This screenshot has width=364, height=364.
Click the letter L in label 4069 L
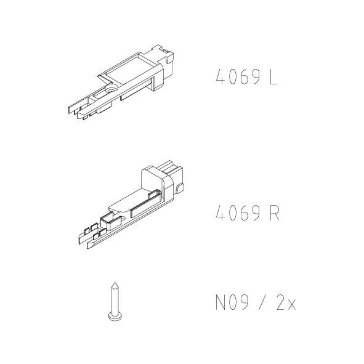[x=273, y=77]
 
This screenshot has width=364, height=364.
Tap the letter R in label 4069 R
[x=275, y=213]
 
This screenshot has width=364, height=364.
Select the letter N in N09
[x=220, y=302]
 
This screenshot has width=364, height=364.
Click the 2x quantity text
[x=286, y=302]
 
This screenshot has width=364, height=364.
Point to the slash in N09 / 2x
[x=262, y=302]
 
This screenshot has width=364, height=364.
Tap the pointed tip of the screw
[x=115, y=283]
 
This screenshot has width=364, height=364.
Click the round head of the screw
[x=115, y=316]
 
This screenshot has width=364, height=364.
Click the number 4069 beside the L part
[x=238, y=77]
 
